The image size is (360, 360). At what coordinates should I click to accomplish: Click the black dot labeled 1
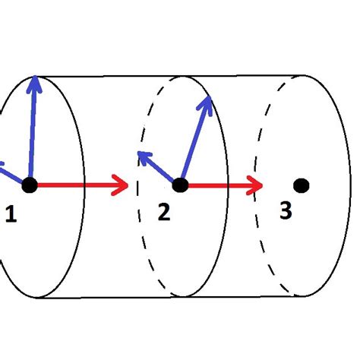tap(29, 185)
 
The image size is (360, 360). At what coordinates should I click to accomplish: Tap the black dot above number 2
tap(180, 185)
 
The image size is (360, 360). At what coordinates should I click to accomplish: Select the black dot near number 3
tap(302, 185)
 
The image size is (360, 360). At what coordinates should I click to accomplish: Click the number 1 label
tap(11, 216)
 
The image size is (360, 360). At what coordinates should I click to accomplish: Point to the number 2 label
tap(164, 213)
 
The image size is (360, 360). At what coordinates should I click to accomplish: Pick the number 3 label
tap(285, 210)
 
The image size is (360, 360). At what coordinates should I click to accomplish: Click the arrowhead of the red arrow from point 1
tap(120, 185)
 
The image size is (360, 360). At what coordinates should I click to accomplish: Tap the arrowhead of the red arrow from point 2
tap(257, 185)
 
